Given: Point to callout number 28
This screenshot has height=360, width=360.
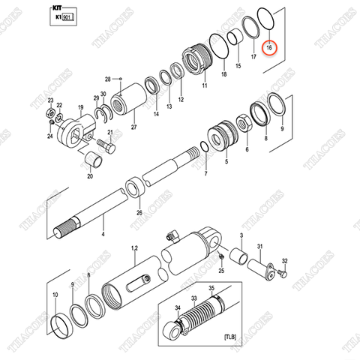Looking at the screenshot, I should point(108,79).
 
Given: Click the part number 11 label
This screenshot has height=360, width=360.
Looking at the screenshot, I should point(202,86).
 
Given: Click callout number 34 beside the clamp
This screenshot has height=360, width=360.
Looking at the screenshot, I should point(178,307).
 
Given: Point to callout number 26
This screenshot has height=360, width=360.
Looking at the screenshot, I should point(138,213).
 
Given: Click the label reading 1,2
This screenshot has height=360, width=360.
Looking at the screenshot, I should point(135,248).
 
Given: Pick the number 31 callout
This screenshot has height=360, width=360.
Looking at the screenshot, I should point(260,247).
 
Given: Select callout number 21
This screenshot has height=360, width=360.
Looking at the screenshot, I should point(110,133).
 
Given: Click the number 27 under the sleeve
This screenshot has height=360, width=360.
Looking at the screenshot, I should point(134,127).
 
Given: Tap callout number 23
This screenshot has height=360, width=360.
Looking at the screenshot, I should point(50,100).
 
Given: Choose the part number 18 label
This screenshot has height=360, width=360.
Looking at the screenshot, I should point(223,75).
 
